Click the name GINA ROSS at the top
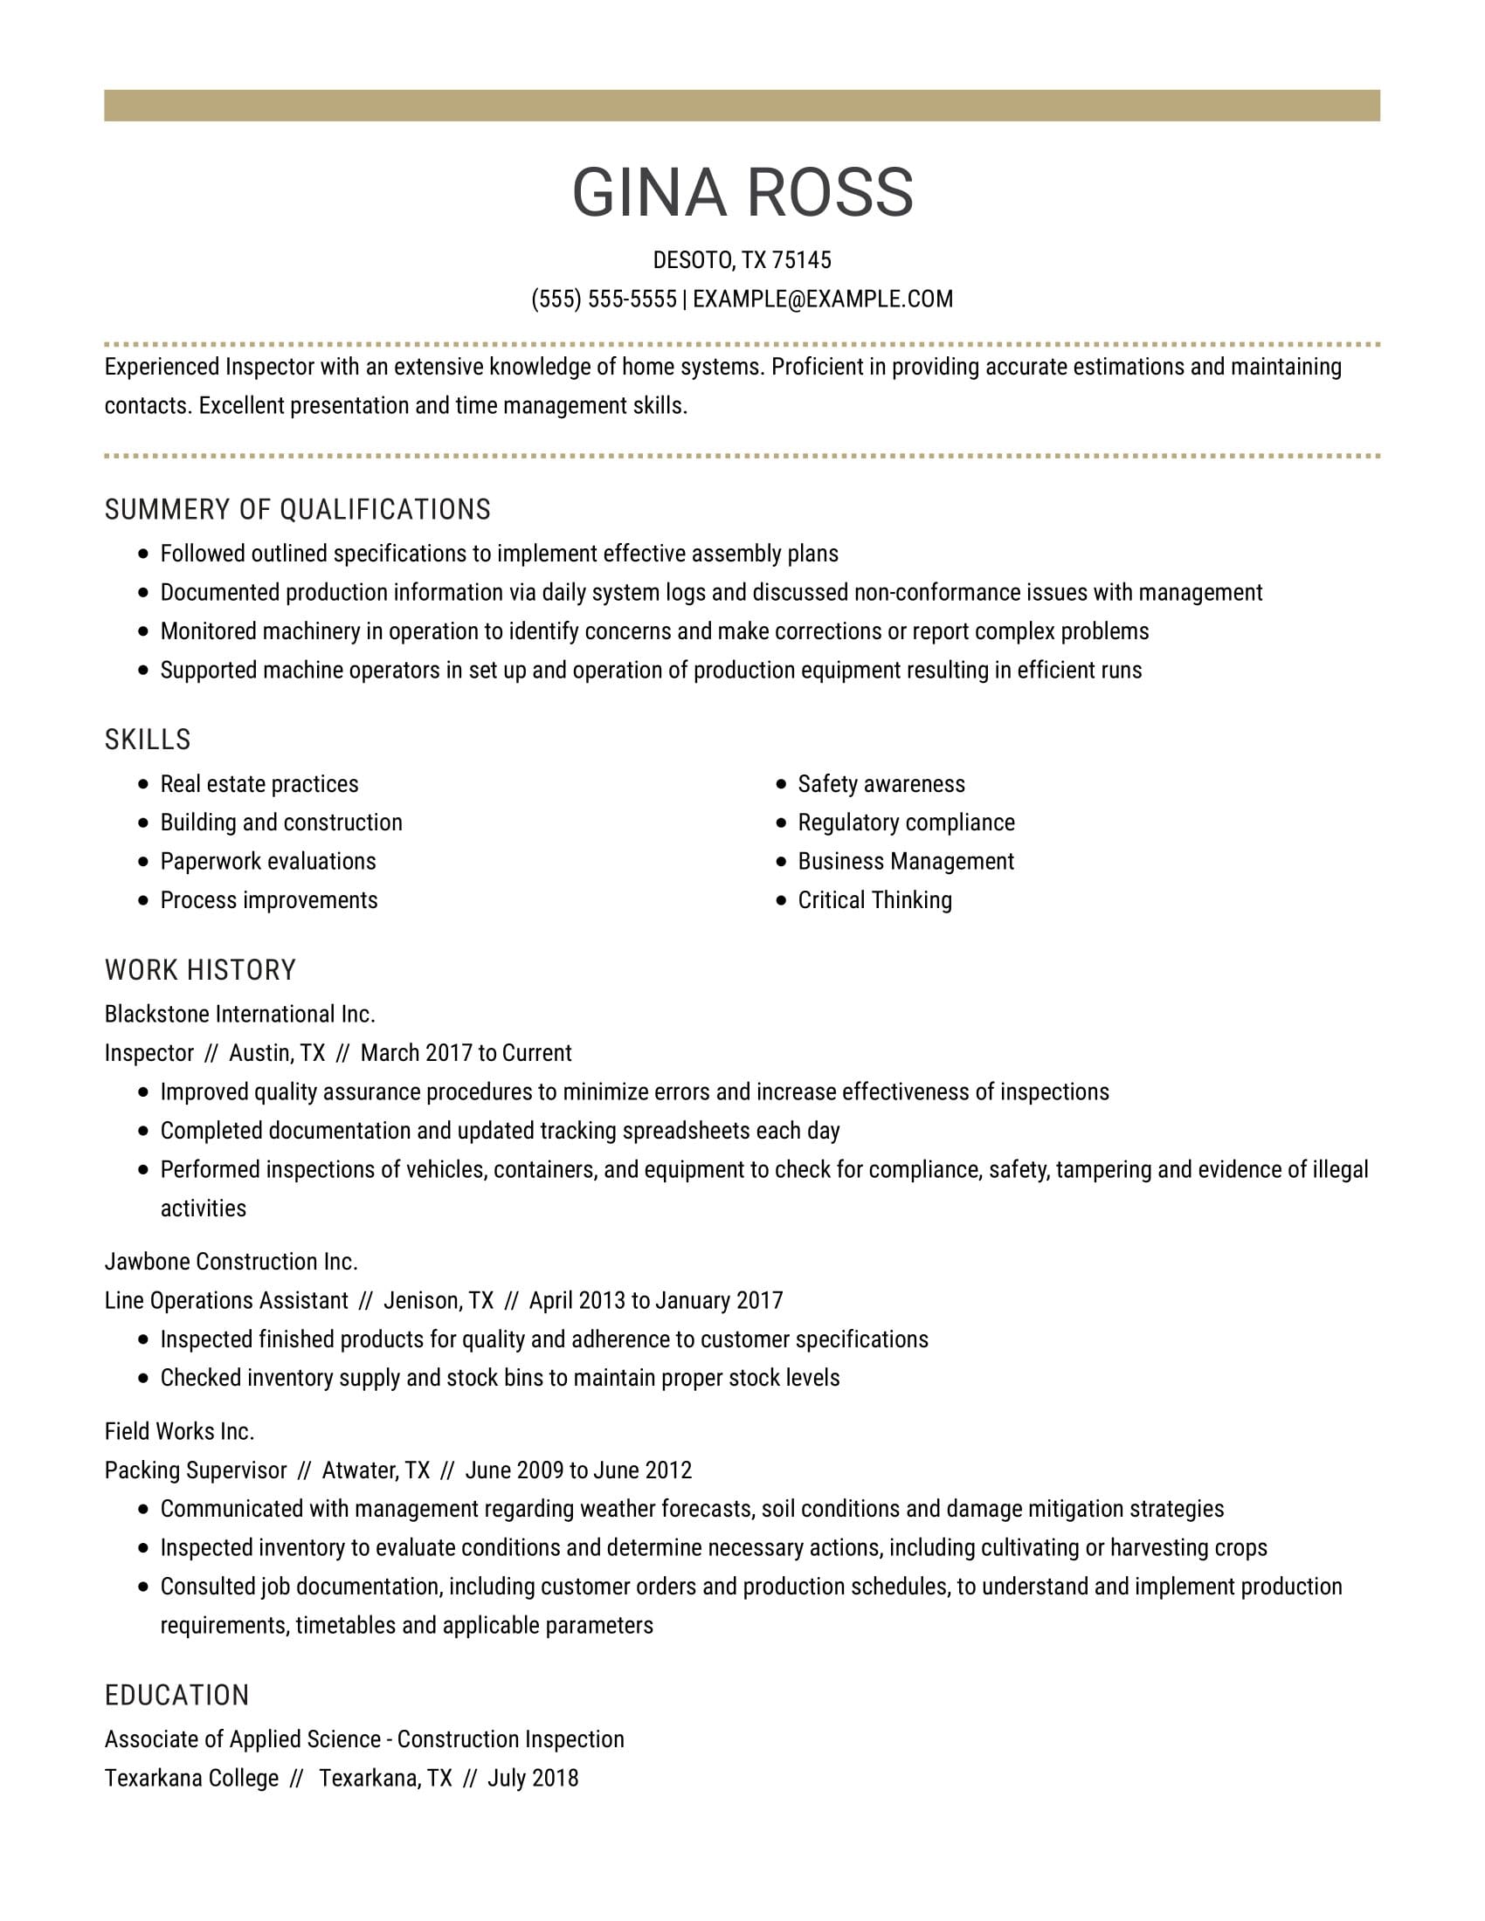click(742, 192)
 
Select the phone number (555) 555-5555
click(604, 300)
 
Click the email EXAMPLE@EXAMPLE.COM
click(823, 300)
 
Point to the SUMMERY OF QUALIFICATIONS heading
click(297, 510)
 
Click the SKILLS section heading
click(148, 740)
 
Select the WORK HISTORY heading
click(201, 970)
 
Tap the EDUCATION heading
click(176, 1695)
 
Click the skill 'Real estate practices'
click(259, 784)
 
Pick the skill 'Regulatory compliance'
click(906, 823)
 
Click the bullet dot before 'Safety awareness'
click(781, 784)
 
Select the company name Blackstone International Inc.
click(240, 1014)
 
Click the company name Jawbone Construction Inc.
click(231, 1262)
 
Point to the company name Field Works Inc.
click(179, 1431)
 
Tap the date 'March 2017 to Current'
click(466, 1053)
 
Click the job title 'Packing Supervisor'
click(196, 1470)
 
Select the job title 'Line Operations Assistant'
click(226, 1300)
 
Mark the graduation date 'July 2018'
click(533, 1778)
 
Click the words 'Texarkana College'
click(192, 1778)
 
